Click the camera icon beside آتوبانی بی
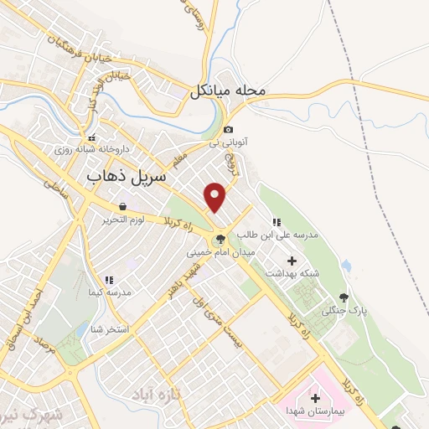[x=229, y=129]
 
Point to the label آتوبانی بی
[x=226, y=143]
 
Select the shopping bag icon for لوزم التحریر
[x=123, y=206]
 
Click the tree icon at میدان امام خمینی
[x=220, y=239]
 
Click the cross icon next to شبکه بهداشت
[x=292, y=261]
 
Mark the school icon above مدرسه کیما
[x=108, y=280]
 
